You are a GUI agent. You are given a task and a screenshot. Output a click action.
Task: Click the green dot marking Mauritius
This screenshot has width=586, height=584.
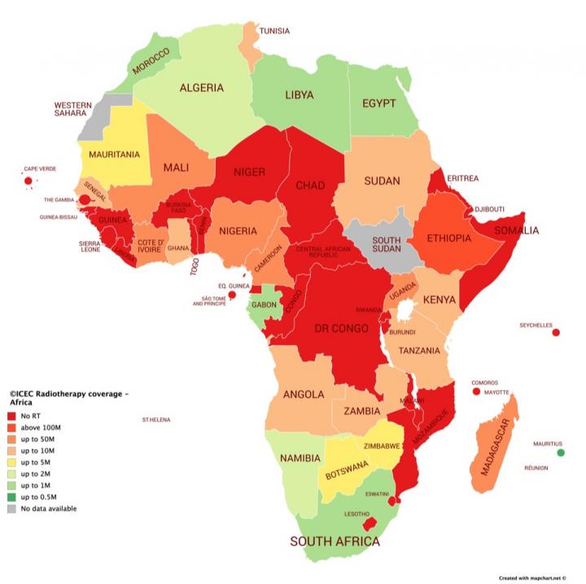pyautogui.click(x=560, y=453)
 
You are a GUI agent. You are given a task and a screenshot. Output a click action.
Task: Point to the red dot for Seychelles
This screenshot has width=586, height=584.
pyautogui.click(x=556, y=333)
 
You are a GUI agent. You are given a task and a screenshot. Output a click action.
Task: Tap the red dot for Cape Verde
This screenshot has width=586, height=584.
pyautogui.click(x=28, y=181)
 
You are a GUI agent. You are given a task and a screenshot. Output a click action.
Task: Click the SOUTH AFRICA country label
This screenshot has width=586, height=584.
pyautogui.click(x=335, y=541)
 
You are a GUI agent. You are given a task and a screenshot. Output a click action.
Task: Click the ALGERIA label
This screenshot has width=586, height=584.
pyautogui.click(x=202, y=88)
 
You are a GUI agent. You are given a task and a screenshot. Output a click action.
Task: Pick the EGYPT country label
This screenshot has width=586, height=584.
pyautogui.click(x=379, y=103)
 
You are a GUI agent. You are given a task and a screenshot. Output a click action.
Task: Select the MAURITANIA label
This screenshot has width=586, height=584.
pyautogui.click(x=114, y=154)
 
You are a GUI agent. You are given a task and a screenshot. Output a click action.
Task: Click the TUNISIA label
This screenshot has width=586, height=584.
pyautogui.click(x=274, y=31)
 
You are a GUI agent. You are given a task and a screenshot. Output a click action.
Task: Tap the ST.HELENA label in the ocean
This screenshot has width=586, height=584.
pyautogui.click(x=156, y=420)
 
